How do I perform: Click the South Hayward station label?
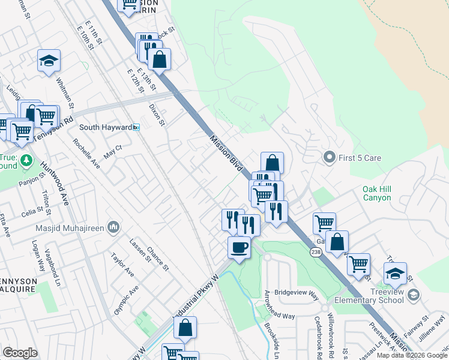pos(106,127)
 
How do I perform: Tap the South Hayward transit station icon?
pos(136,127)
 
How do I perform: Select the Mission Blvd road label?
pos(221,149)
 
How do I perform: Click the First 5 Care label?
pos(360,158)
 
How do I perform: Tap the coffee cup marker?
pos(239,247)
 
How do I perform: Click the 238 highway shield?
pos(316,253)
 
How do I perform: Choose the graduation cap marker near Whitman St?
pos(49,60)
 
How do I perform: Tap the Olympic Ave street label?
pos(125,299)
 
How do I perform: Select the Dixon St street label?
pos(157,114)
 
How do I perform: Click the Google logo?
pos(20,353)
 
